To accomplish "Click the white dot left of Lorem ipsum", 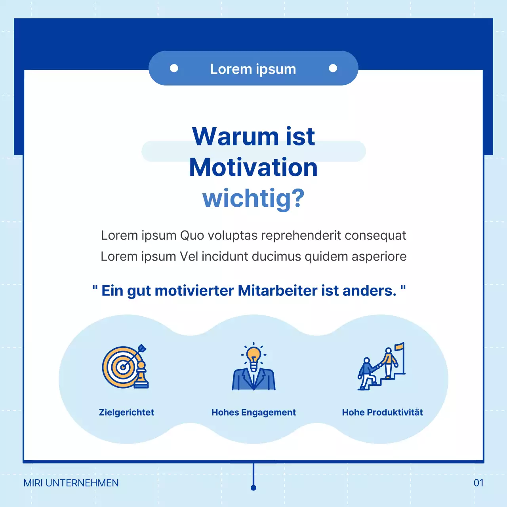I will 174,68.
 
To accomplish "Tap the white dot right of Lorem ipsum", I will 333,68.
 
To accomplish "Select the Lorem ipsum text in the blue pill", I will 253,69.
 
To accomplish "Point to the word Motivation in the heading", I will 253,167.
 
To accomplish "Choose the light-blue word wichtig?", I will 253,198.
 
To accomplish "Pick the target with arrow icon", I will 121,366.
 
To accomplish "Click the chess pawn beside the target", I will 141,375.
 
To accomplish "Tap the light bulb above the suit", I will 253,355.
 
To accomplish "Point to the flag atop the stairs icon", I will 400,347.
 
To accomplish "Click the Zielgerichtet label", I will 126,412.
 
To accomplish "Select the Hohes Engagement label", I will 253,412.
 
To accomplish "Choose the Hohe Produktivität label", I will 382,412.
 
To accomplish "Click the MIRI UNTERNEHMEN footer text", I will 71,483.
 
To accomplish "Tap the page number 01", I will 478,483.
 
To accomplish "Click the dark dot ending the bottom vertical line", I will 253,488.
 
